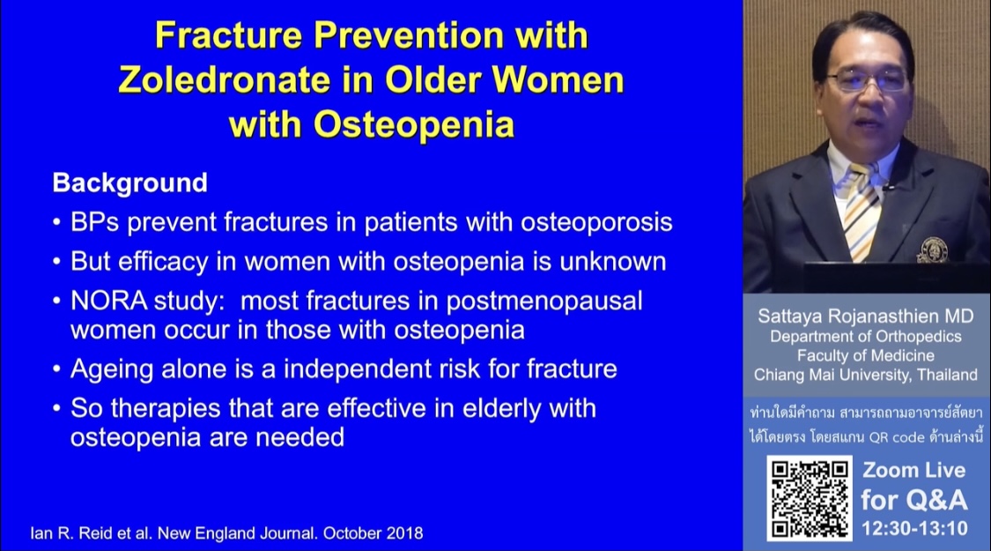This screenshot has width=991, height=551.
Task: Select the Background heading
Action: click(x=129, y=182)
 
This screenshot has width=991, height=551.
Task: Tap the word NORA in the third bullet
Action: click(x=108, y=301)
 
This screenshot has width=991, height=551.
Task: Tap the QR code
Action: click(x=810, y=498)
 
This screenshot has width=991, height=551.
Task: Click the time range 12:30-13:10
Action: click(x=913, y=528)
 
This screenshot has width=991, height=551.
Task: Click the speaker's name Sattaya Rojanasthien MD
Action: click(x=865, y=316)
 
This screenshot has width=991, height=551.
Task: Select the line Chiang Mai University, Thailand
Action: click(x=865, y=375)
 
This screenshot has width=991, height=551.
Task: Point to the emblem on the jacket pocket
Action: click(x=932, y=250)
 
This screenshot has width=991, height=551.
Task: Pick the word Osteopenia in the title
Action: click(x=414, y=124)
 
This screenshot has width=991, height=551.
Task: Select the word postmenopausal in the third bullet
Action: click(x=544, y=301)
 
